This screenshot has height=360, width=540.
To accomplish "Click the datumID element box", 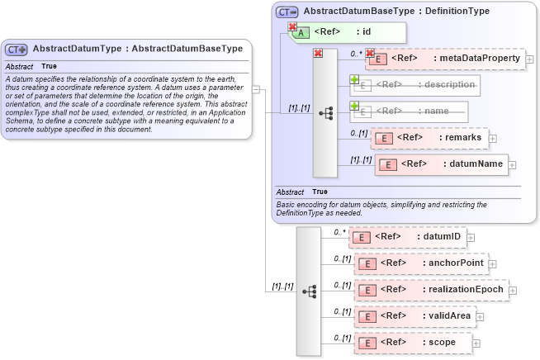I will tap(408, 237).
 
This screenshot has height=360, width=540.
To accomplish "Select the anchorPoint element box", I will tap(421, 263).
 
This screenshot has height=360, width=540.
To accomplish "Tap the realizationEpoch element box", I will tap(429, 290).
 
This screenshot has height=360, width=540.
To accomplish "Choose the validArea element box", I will tap(413, 315).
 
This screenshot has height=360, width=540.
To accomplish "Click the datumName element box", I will tap(441, 163).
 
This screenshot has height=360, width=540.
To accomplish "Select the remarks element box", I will tap(430, 138).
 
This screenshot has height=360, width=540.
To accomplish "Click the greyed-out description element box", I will tap(416, 84).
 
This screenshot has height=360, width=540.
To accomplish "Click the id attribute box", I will tap(347, 32).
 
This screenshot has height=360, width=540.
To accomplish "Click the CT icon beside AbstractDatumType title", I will tap(17, 50).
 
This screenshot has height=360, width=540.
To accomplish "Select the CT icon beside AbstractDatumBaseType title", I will tap(287, 12).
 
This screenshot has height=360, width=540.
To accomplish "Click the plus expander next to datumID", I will tap(471, 237).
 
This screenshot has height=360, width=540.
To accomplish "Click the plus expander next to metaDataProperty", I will tap(529, 59).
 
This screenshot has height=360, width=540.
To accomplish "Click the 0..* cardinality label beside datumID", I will tap(339, 232).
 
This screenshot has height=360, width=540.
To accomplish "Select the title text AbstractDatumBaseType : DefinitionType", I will tap(396, 12).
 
